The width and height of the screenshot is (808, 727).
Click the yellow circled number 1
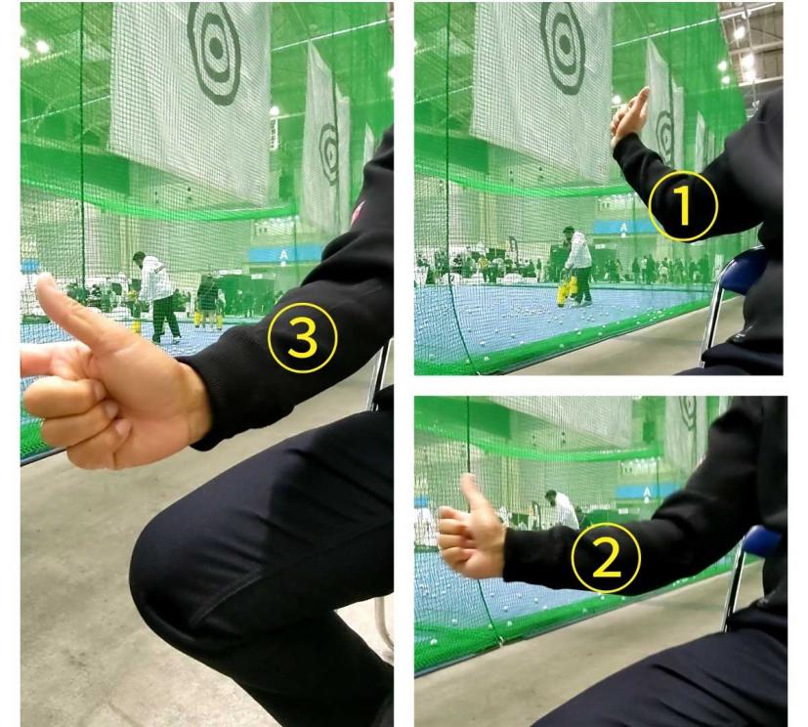(x=683, y=206)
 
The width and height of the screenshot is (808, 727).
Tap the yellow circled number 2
(x=606, y=558)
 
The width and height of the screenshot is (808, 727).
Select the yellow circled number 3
(x=303, y=337)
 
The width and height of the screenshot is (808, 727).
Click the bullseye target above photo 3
(x=215, y=52)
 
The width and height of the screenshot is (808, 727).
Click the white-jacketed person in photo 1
(x=578, y=267)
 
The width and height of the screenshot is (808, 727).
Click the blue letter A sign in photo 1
(x=624, y=227)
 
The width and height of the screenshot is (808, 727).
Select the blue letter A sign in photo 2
(x=647, y=492)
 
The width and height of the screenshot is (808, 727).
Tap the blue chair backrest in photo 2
(x=762, y=541)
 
